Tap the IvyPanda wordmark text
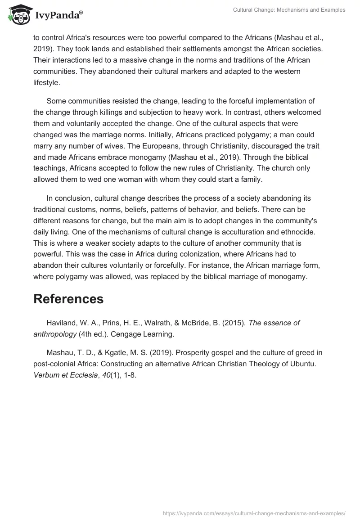(x=58, y=15)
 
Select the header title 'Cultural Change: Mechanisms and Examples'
(x=289, y=10)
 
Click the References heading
(x=68, y=299)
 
